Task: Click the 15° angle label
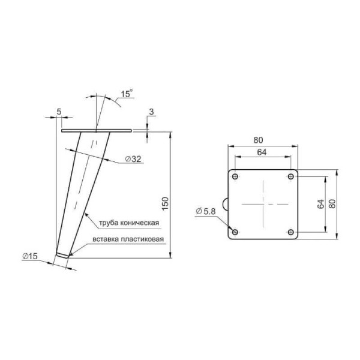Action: [x=127, y=93]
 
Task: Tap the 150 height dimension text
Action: [x=166, y=203]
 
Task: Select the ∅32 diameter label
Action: [x=133, y=158]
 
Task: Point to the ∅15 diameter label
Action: [x=29, y=256]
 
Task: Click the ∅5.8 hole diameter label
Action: [x=206, y=211]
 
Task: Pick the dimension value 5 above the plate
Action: [x=59, y=112]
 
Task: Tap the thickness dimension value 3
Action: [x=151, y=112]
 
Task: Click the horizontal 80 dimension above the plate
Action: [x=258, y=140]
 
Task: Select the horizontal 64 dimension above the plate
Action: [x=262, y=152]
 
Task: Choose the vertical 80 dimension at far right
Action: [x=332, y=203]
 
